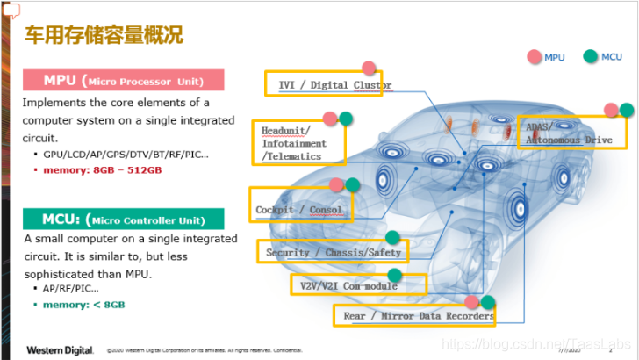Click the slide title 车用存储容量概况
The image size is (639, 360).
(x=103, y=36)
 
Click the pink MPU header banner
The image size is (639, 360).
(x=123, y=81)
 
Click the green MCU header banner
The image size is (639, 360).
(x=123, y=219)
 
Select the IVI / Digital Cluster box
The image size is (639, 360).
(x=324, y=85)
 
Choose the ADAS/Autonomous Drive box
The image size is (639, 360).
(x=572, y=132)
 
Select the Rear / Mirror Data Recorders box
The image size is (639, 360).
(x=414, y=315)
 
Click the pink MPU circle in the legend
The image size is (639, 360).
(x=535, y=57)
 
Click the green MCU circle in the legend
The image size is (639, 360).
(x=591, y=57)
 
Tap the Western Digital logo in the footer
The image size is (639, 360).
(x=59, y=350)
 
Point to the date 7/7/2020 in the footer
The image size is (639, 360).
(x=571, y=351)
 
